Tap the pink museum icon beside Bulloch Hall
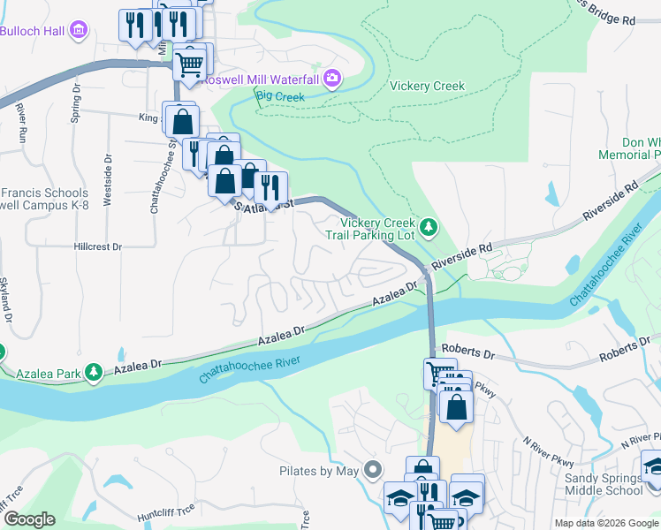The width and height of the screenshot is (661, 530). point(80,31)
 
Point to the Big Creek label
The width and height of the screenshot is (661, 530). point(279,95)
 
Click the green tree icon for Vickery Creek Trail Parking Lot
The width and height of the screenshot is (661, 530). point(429,228)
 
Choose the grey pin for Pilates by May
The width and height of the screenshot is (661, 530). point(373,471)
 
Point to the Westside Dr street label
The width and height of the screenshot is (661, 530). point(108,181)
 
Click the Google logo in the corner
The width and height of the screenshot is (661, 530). point(29,519)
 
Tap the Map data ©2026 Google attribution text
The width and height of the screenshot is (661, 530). point(604,523)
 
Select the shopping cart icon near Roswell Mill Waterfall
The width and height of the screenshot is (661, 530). point(189,63)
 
